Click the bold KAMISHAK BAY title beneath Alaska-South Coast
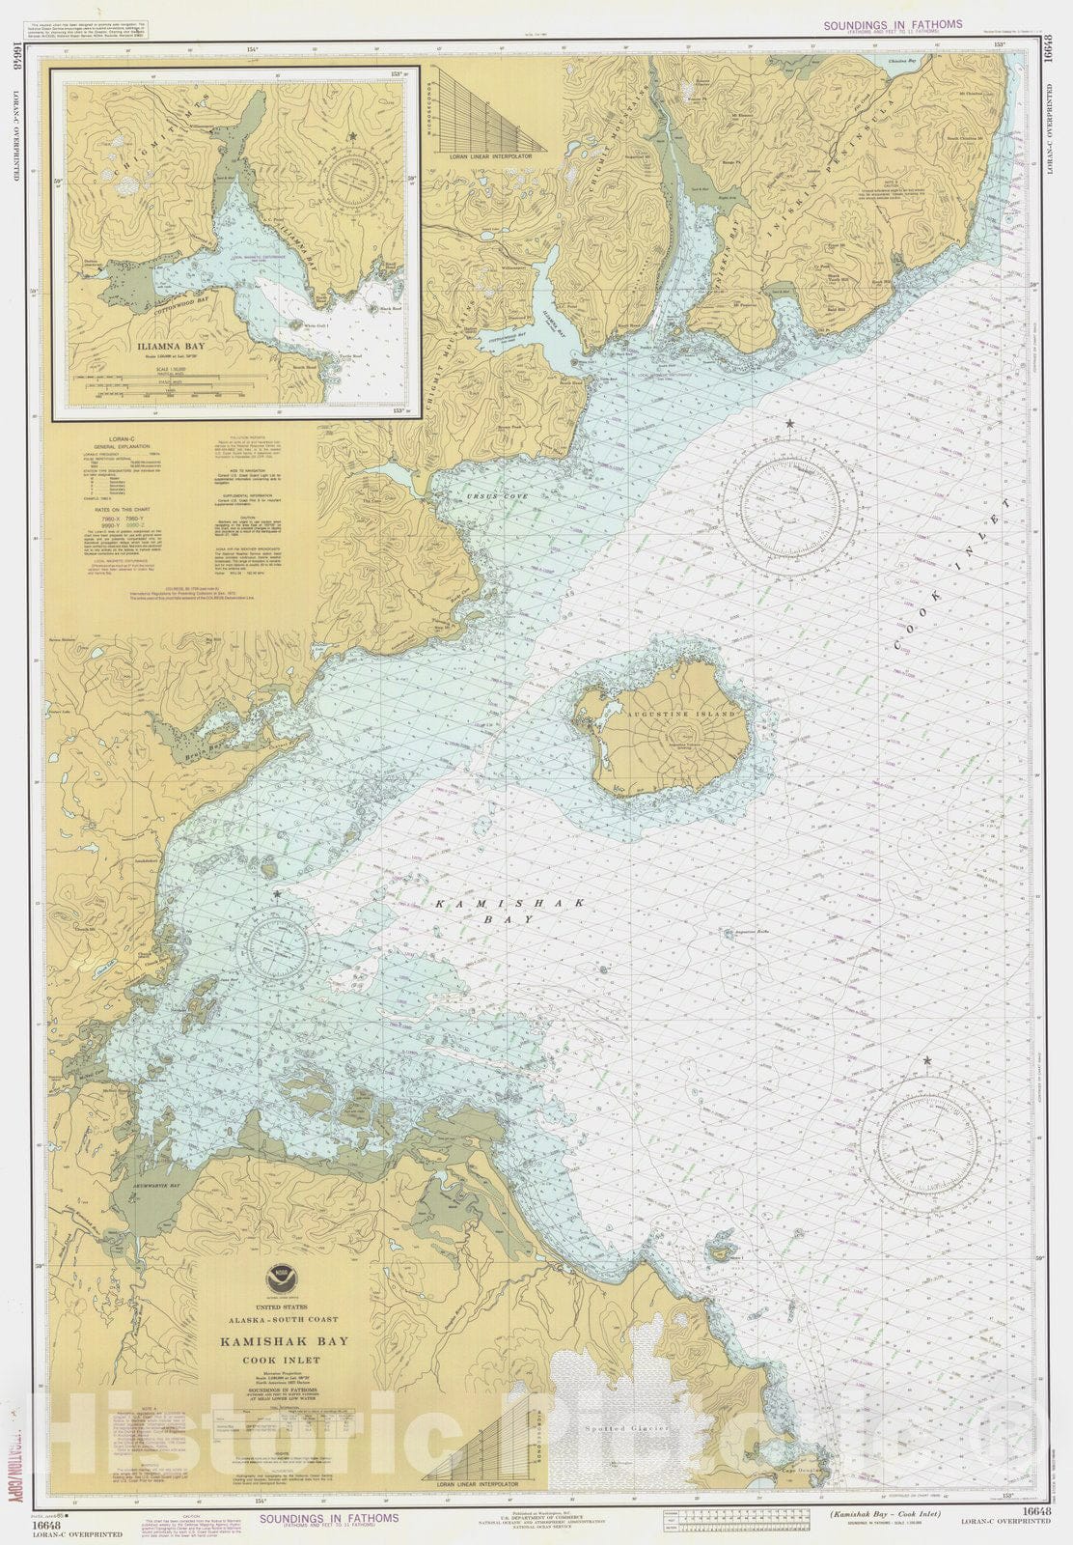click(283, 1341)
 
